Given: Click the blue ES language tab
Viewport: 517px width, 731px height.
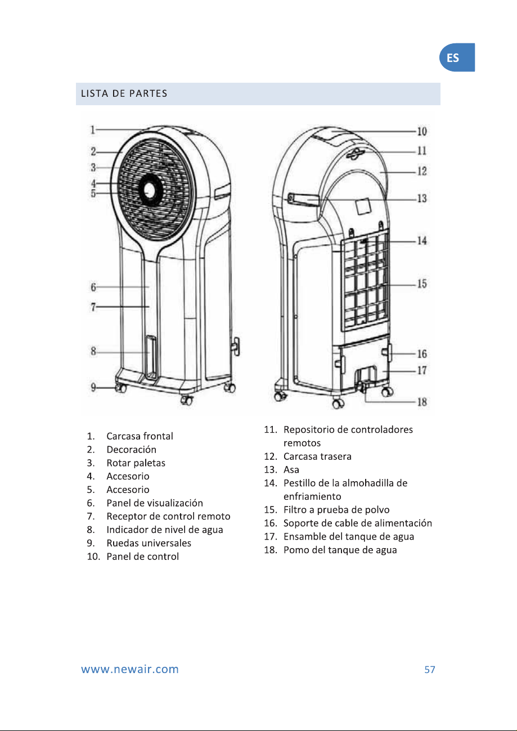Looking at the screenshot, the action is [457, 57].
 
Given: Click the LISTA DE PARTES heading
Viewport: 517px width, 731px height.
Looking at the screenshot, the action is [124, 93].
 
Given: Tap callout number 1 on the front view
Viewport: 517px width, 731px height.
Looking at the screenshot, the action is [93, 130].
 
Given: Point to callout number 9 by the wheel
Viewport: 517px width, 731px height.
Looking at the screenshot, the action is [93, 387].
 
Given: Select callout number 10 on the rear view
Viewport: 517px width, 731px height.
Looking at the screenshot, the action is [422, 132].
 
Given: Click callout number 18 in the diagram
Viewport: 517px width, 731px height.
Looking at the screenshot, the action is [422, 402].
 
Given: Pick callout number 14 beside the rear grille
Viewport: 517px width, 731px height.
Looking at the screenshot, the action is [422, 241].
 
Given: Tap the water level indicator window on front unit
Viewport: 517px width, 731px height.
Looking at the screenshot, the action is [151, 357].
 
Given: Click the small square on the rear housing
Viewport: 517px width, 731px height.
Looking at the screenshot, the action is [363, 207].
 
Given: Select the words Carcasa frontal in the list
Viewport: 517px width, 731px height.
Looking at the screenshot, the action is [140, 436].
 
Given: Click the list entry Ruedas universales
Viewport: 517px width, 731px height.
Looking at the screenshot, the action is [149, 543].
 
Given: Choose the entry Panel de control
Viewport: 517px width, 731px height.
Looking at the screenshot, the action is [142, 557].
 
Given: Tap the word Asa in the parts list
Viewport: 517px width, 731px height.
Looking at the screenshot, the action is [291, 469].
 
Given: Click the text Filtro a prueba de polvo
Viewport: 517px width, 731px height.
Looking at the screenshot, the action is [336, 510].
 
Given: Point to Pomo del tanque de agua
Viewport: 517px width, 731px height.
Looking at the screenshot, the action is [340, 550].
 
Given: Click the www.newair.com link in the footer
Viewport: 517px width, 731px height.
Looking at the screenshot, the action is [130, 669].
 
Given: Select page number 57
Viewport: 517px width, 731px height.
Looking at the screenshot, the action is [430, 670].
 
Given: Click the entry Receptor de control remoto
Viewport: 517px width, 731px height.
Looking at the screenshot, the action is [168, 516].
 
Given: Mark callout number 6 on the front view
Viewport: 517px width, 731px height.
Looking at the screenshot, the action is [93, 287].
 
